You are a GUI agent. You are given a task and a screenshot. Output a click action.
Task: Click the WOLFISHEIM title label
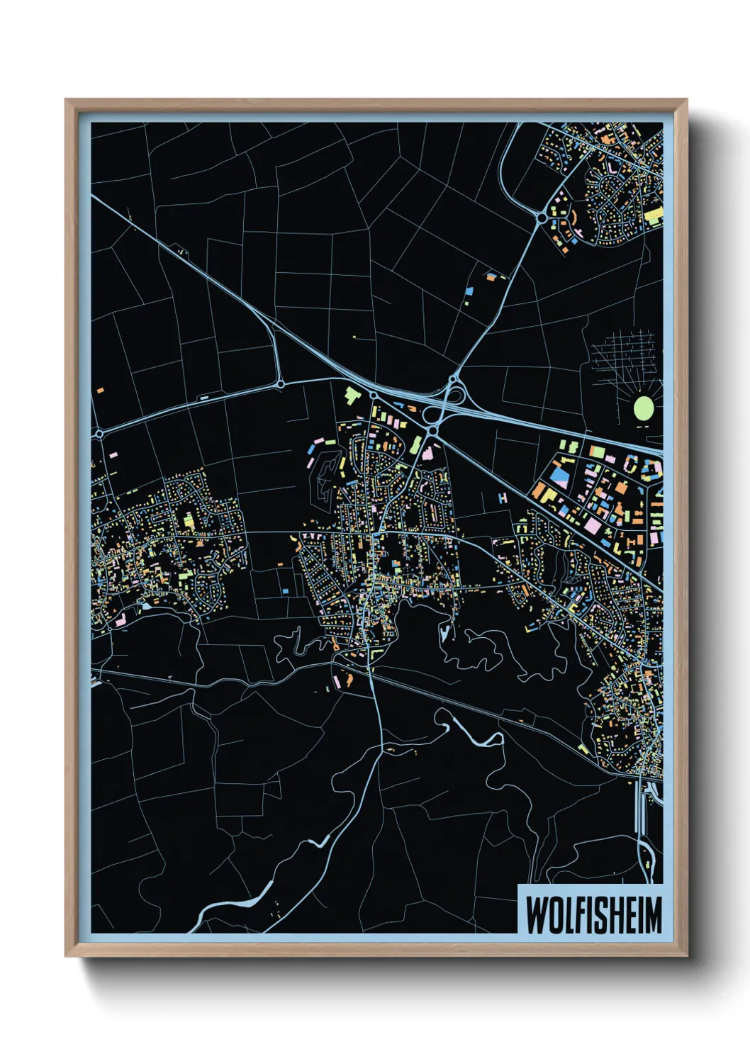593,914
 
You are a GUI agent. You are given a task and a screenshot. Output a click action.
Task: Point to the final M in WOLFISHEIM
652,915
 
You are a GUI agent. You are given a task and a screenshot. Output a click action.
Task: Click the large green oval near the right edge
643,408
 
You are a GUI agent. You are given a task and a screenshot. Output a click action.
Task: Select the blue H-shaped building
503,498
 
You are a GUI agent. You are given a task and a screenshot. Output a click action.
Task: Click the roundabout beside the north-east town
542,218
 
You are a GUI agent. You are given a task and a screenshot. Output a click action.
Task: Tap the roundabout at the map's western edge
99,433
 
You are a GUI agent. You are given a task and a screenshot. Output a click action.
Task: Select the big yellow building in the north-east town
654,216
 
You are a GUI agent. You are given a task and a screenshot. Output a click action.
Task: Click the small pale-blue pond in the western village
145,606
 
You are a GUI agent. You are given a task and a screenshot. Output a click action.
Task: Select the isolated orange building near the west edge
101,390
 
